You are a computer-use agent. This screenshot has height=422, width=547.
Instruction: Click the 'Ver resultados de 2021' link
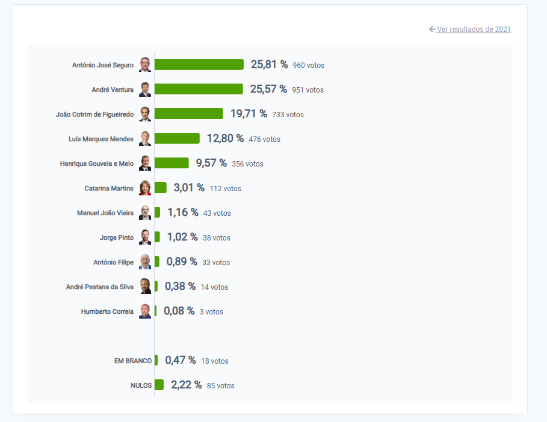[x=474, y=29]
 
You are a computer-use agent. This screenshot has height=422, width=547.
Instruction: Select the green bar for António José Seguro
[x=199, y=64]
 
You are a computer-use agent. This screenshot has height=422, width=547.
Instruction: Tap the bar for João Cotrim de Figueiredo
[x=189, y=114]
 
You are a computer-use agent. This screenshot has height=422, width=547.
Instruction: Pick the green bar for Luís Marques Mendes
[x=177, y=138]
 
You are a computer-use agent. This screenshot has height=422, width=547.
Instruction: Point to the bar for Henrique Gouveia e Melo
[x=172, y=163]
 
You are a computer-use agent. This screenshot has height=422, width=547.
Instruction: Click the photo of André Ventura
[x=145, y=90]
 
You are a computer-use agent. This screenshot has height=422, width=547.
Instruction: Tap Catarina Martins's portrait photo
[x=145, y=188]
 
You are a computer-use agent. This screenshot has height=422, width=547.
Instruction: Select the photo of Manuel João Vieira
[x=145, y=213]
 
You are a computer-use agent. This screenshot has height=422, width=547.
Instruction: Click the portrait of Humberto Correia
[x=145, y=311]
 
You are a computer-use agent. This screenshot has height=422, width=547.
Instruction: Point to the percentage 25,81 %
[x=269, y=64]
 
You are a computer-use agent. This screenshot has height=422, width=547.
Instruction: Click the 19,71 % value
[x=249, y=114]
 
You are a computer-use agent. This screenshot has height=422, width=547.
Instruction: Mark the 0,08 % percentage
[x=179, y=311]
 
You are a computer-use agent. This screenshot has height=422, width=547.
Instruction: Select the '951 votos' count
[x=307, y=90]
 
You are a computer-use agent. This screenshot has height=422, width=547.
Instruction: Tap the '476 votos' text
[x=264, y=139]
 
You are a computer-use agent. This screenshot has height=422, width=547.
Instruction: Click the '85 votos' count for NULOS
[x=220, y=386]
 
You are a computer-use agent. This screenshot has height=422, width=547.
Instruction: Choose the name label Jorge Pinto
[x=117, y=237]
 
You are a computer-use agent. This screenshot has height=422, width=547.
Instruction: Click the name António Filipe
[x=114, y=262]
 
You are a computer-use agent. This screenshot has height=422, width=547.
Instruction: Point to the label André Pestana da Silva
[x=100, y=287]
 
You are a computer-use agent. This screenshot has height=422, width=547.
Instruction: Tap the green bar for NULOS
[x=159, y=385]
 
